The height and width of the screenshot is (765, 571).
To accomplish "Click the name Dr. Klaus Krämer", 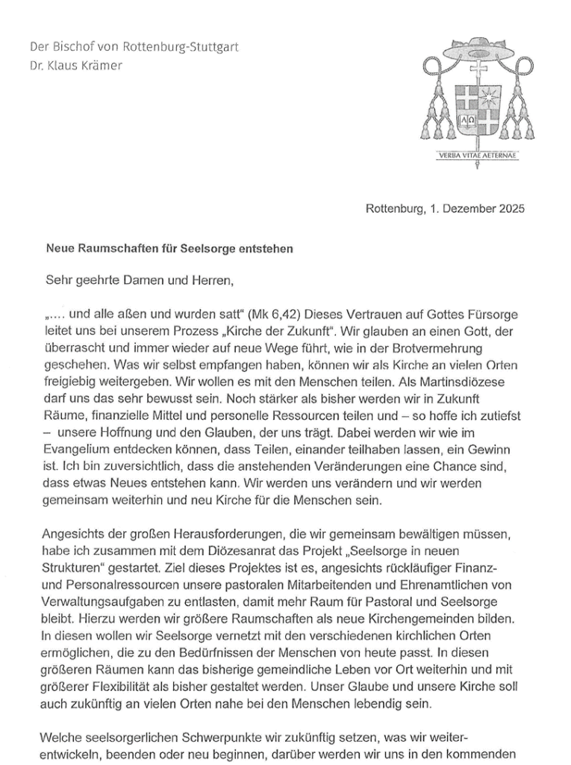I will coord(75,65).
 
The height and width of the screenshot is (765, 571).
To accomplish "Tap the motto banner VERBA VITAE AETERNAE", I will coord(478,156).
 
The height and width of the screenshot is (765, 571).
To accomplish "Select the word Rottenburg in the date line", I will coord(394,208).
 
